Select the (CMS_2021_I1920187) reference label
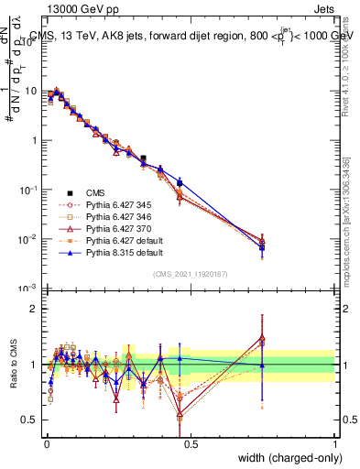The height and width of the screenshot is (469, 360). [x=190, y=274]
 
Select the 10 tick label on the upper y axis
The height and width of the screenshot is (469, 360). [x=31, y=92]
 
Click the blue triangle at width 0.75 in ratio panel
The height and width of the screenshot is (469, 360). [x=262, y=365]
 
